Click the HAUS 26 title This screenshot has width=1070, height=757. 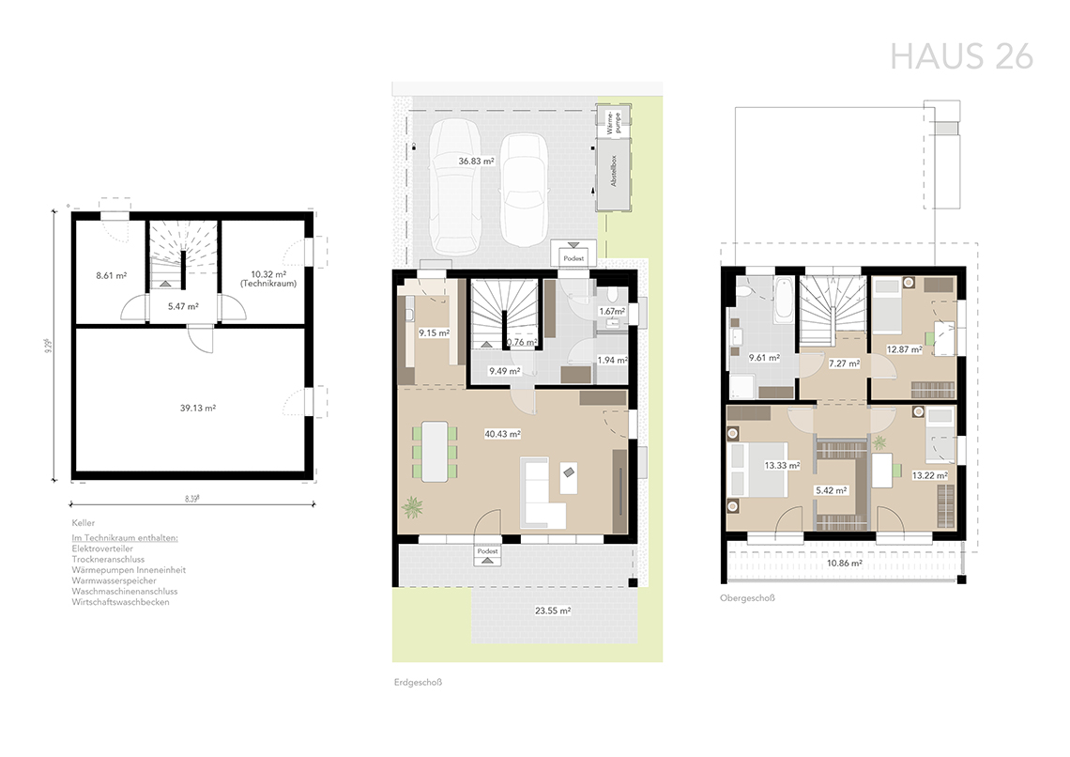[x=961, y=56]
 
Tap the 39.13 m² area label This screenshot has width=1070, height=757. [x=198, y=409]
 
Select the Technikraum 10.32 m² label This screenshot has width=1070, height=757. [x=268, y=279]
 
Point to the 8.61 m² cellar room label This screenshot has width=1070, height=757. [x=112, y=276]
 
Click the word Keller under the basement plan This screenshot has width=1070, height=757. [x=84, y=523]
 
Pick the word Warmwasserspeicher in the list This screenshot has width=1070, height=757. [x=114, y=580]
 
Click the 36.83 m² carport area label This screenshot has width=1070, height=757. [x=476, y=162]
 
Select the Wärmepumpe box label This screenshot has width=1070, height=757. [x=614, y=121]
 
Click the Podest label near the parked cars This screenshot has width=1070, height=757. [x=573, y=258]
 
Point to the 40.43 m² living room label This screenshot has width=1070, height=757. [x=502, y=434]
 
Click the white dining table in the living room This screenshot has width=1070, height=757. [x=434, y=451]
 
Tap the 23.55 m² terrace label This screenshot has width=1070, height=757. [x=553, y=610]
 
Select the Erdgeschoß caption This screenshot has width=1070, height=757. [x=419, y=682]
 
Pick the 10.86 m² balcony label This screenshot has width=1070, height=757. [x=844, y=564]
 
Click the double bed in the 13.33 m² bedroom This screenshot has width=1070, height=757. [x=757, y=470]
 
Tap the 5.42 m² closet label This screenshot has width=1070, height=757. [x=832, y=490]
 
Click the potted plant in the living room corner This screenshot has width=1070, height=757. [x=412, y=508]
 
